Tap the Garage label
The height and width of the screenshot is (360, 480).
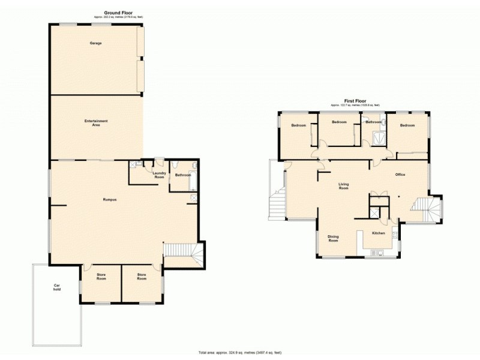pos(95,43)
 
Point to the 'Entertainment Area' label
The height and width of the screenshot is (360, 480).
pos(96,122)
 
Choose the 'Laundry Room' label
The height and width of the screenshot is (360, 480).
pos(159,175)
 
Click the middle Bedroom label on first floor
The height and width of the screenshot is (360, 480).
pos(339,122)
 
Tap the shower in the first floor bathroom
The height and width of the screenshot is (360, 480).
pos(378,137)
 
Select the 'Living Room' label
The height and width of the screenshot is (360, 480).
pos(344,186)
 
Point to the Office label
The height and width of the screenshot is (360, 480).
pos(400,175)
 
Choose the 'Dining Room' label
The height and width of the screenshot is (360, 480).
pos(333,238)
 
